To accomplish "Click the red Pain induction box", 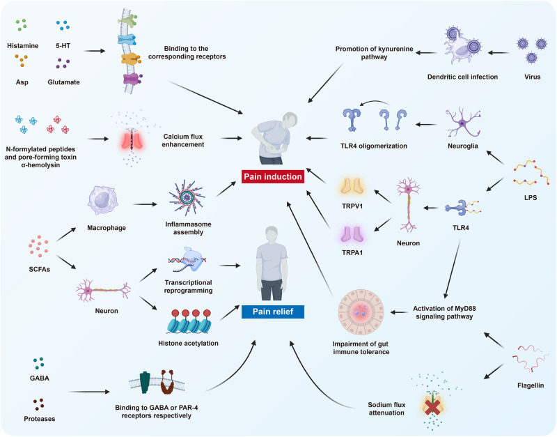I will coord(273,177).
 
